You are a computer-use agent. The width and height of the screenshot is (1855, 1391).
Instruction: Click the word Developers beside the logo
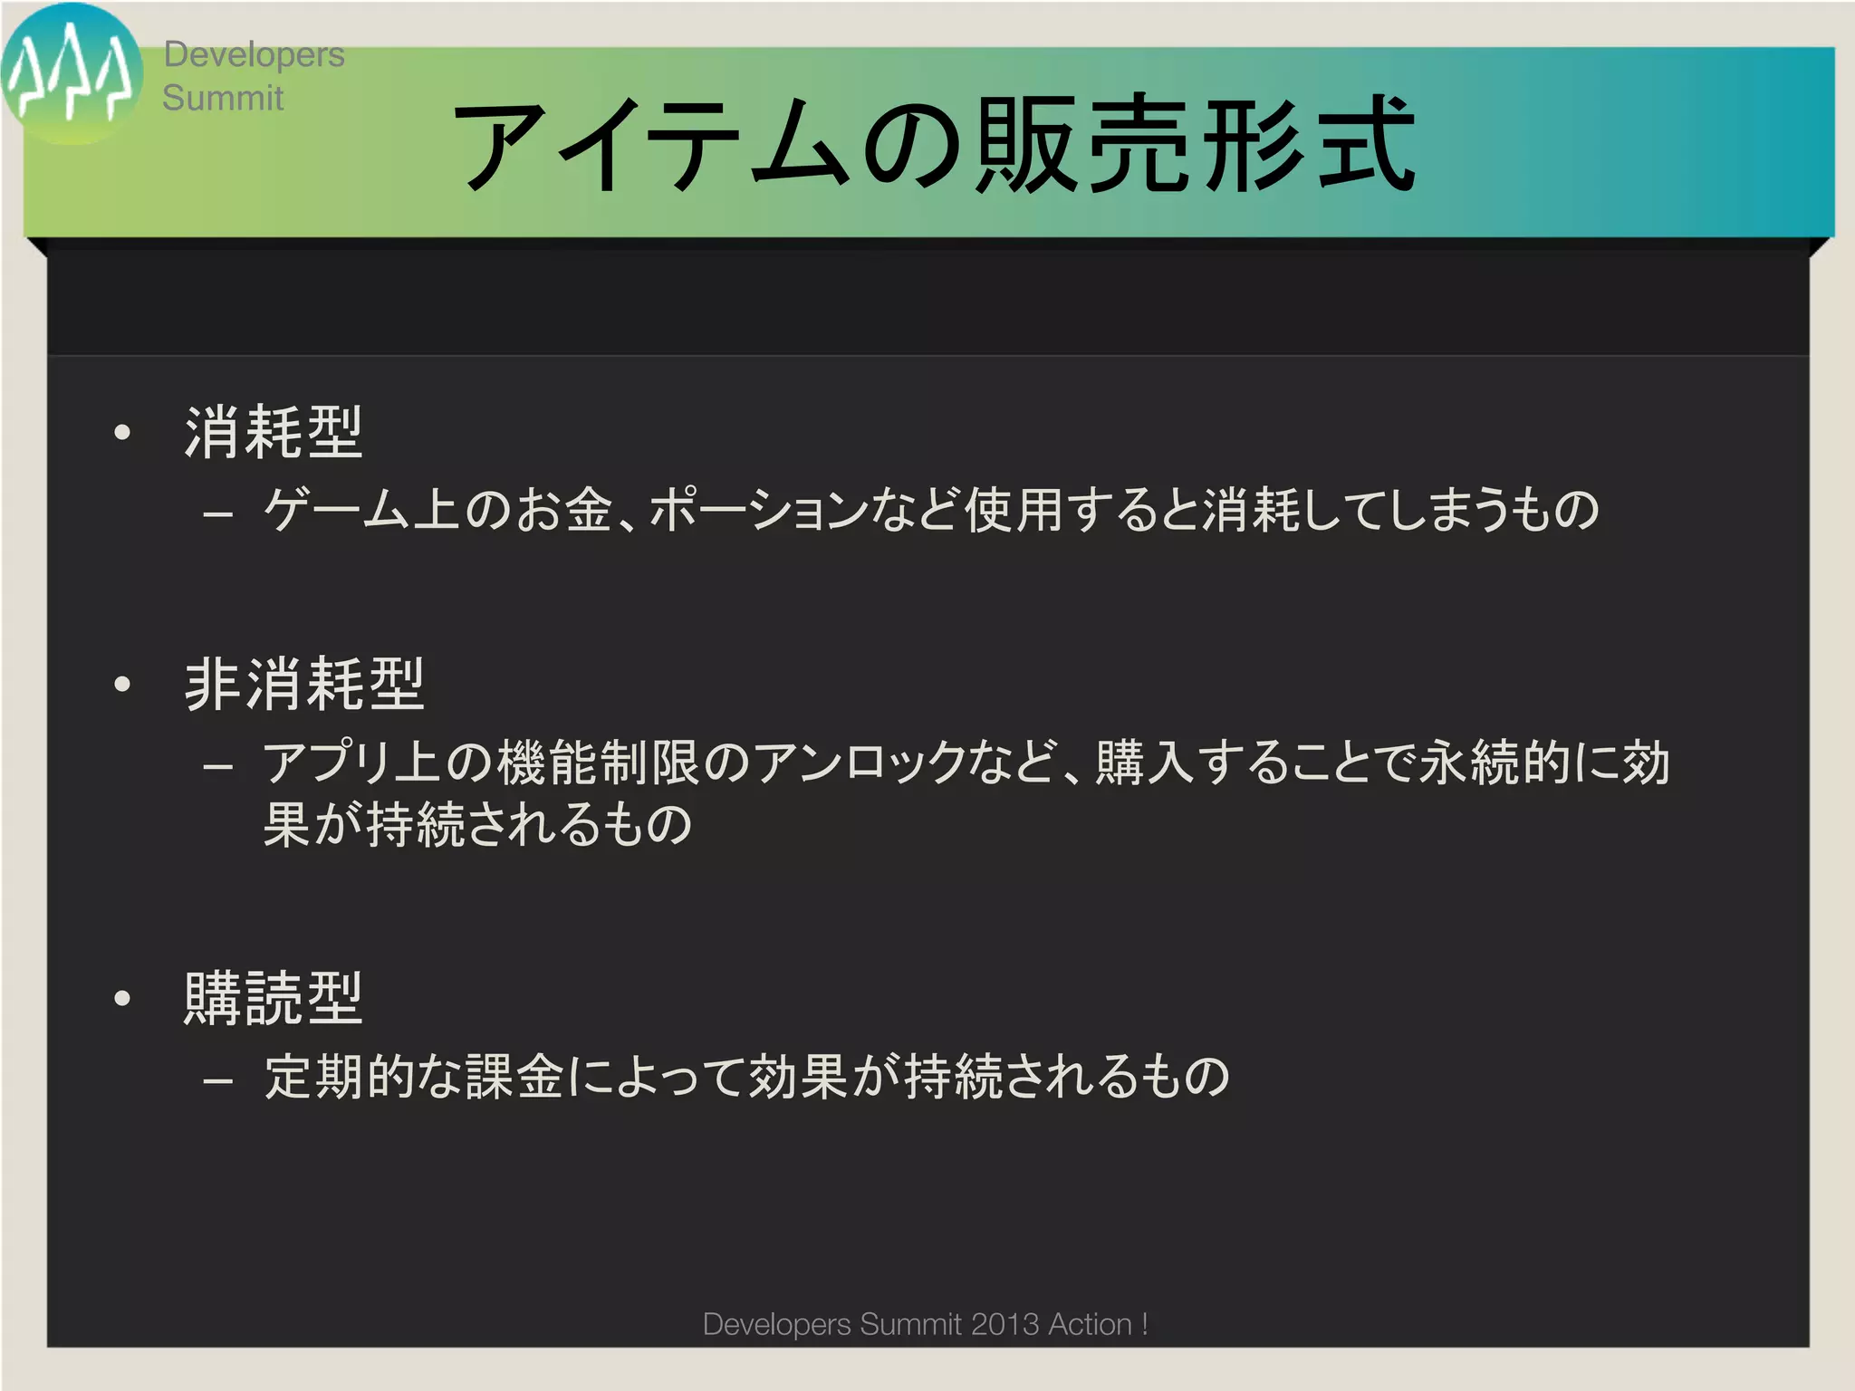pyautogui.click(x=254, y=54)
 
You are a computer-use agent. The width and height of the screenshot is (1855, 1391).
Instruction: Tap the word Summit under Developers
pyautogui.click(x=223, y=98)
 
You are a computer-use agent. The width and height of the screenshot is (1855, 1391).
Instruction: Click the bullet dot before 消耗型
pyautogui.click(x=122, y=433)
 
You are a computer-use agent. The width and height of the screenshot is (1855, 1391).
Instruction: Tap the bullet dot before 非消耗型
pyautogui.click(x=122, y=685)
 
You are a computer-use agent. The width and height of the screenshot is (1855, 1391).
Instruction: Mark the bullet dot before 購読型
pyautogui.click(x=122, y=999)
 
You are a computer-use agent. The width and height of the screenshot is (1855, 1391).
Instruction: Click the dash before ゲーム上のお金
pyautogui.click(x=218, y=514)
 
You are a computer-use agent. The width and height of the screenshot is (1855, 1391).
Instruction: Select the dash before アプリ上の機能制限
pyautogui.click(x=218, y=767)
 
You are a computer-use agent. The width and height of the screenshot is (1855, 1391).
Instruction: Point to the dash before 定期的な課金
pyautogui.click(x=218, y=1080)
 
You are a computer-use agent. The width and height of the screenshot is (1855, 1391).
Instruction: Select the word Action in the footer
pyautogui.click(x=1090, y=1324)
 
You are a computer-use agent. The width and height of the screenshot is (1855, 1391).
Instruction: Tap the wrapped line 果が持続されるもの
pyautogui.click(x=477, y=824)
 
